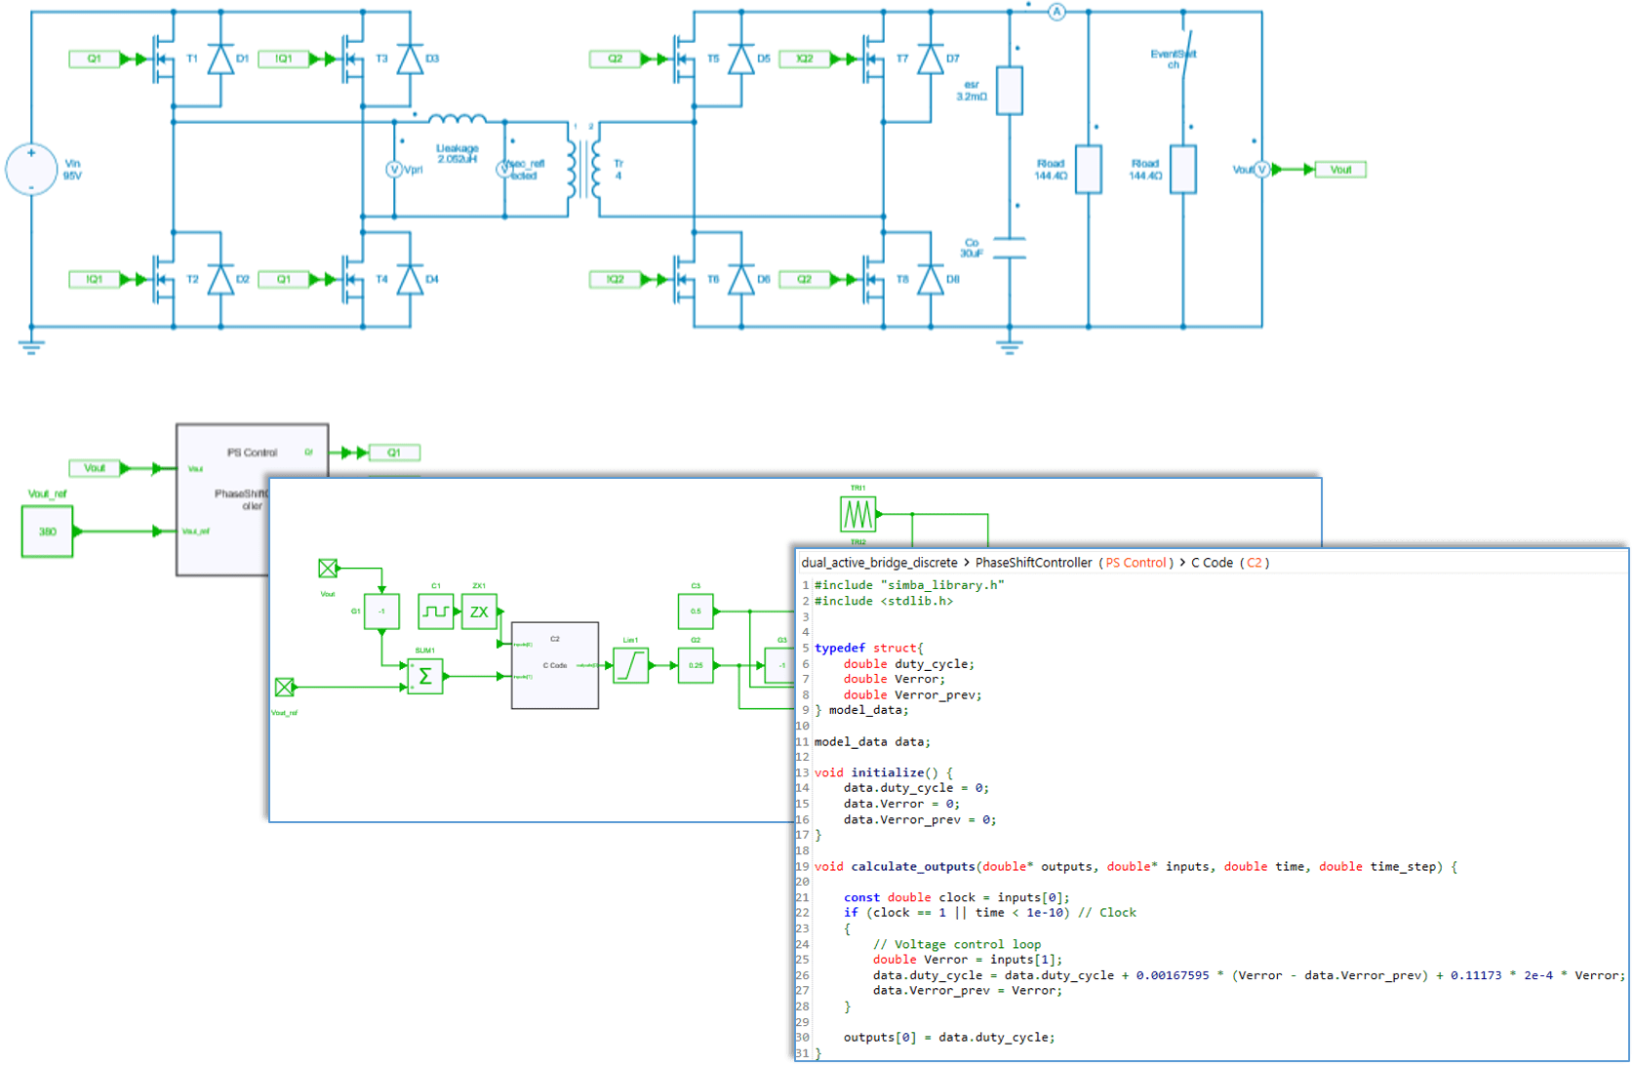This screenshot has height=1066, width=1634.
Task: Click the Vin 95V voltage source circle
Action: [31, 169]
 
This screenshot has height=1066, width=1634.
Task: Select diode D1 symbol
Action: [220, 59]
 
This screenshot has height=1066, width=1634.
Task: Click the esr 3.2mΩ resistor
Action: [1009, 91]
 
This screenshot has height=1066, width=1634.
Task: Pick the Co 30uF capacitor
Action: [1009, 248]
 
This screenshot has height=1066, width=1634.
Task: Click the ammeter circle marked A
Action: [1056, 12]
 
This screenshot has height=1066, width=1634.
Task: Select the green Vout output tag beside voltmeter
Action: [1340, 170]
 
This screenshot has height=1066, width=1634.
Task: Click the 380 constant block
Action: [47, 532]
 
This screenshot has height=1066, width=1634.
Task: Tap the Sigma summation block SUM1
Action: [424, 676]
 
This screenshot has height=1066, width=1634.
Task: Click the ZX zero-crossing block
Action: [479, 612]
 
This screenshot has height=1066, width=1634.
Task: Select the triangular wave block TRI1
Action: [857, 513]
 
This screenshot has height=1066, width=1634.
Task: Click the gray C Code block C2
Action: [554, 665]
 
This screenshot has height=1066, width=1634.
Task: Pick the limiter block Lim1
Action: [630, 665]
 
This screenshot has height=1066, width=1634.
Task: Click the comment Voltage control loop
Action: [957, 944]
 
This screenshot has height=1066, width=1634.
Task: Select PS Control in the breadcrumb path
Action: [1136, 563]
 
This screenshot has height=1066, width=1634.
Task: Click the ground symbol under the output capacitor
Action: [1009, 344]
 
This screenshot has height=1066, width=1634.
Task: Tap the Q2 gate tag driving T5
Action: [615, 59]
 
